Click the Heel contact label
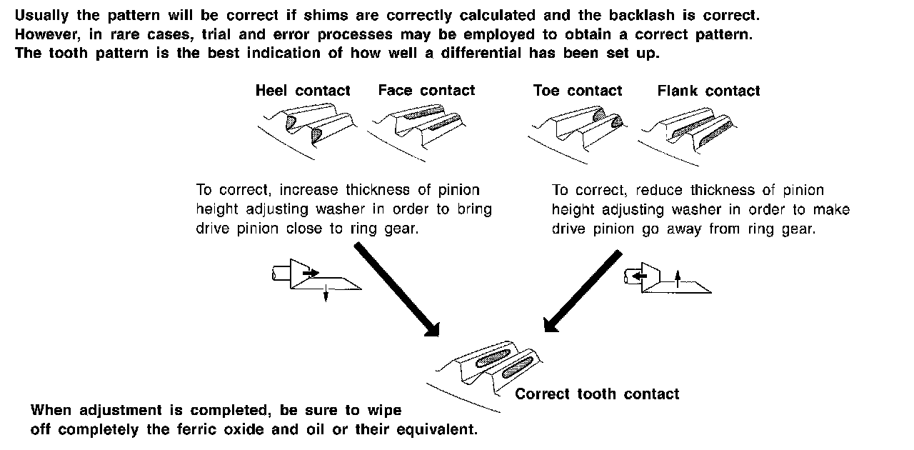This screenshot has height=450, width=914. (303, 91)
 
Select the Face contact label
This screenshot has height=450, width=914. (426, 91)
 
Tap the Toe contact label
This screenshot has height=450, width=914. (577, 91)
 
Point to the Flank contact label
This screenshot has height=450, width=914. (708, 91)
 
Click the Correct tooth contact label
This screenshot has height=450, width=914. (597, 394)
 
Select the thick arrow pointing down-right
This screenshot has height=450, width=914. (396, 288)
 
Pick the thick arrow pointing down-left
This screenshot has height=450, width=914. (583, 290)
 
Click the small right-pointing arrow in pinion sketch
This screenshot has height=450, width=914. (311, 273)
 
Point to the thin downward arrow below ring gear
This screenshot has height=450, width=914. (326, 292)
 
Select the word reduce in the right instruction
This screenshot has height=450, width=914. (658, 191)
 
